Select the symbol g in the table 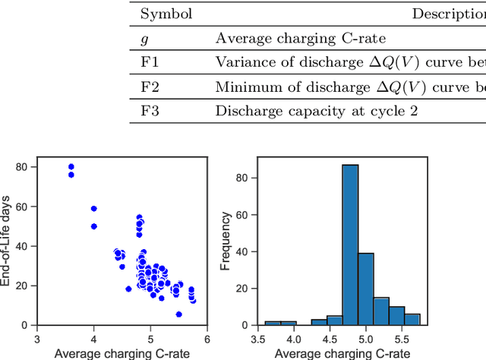click(x=145, y=38)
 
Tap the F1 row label click(x=150, y=62)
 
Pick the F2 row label click(x=150, y=87)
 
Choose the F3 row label click(x=150, y=111)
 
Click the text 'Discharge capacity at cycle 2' click(x=292, y=111)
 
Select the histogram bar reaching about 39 click(x=366, y=289)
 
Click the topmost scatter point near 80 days click(x=71, y=167)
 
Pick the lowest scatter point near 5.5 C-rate click(x=178, y=314)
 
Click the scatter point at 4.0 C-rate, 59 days click(x=94, y=208)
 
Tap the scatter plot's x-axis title click(x=122, y=352)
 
